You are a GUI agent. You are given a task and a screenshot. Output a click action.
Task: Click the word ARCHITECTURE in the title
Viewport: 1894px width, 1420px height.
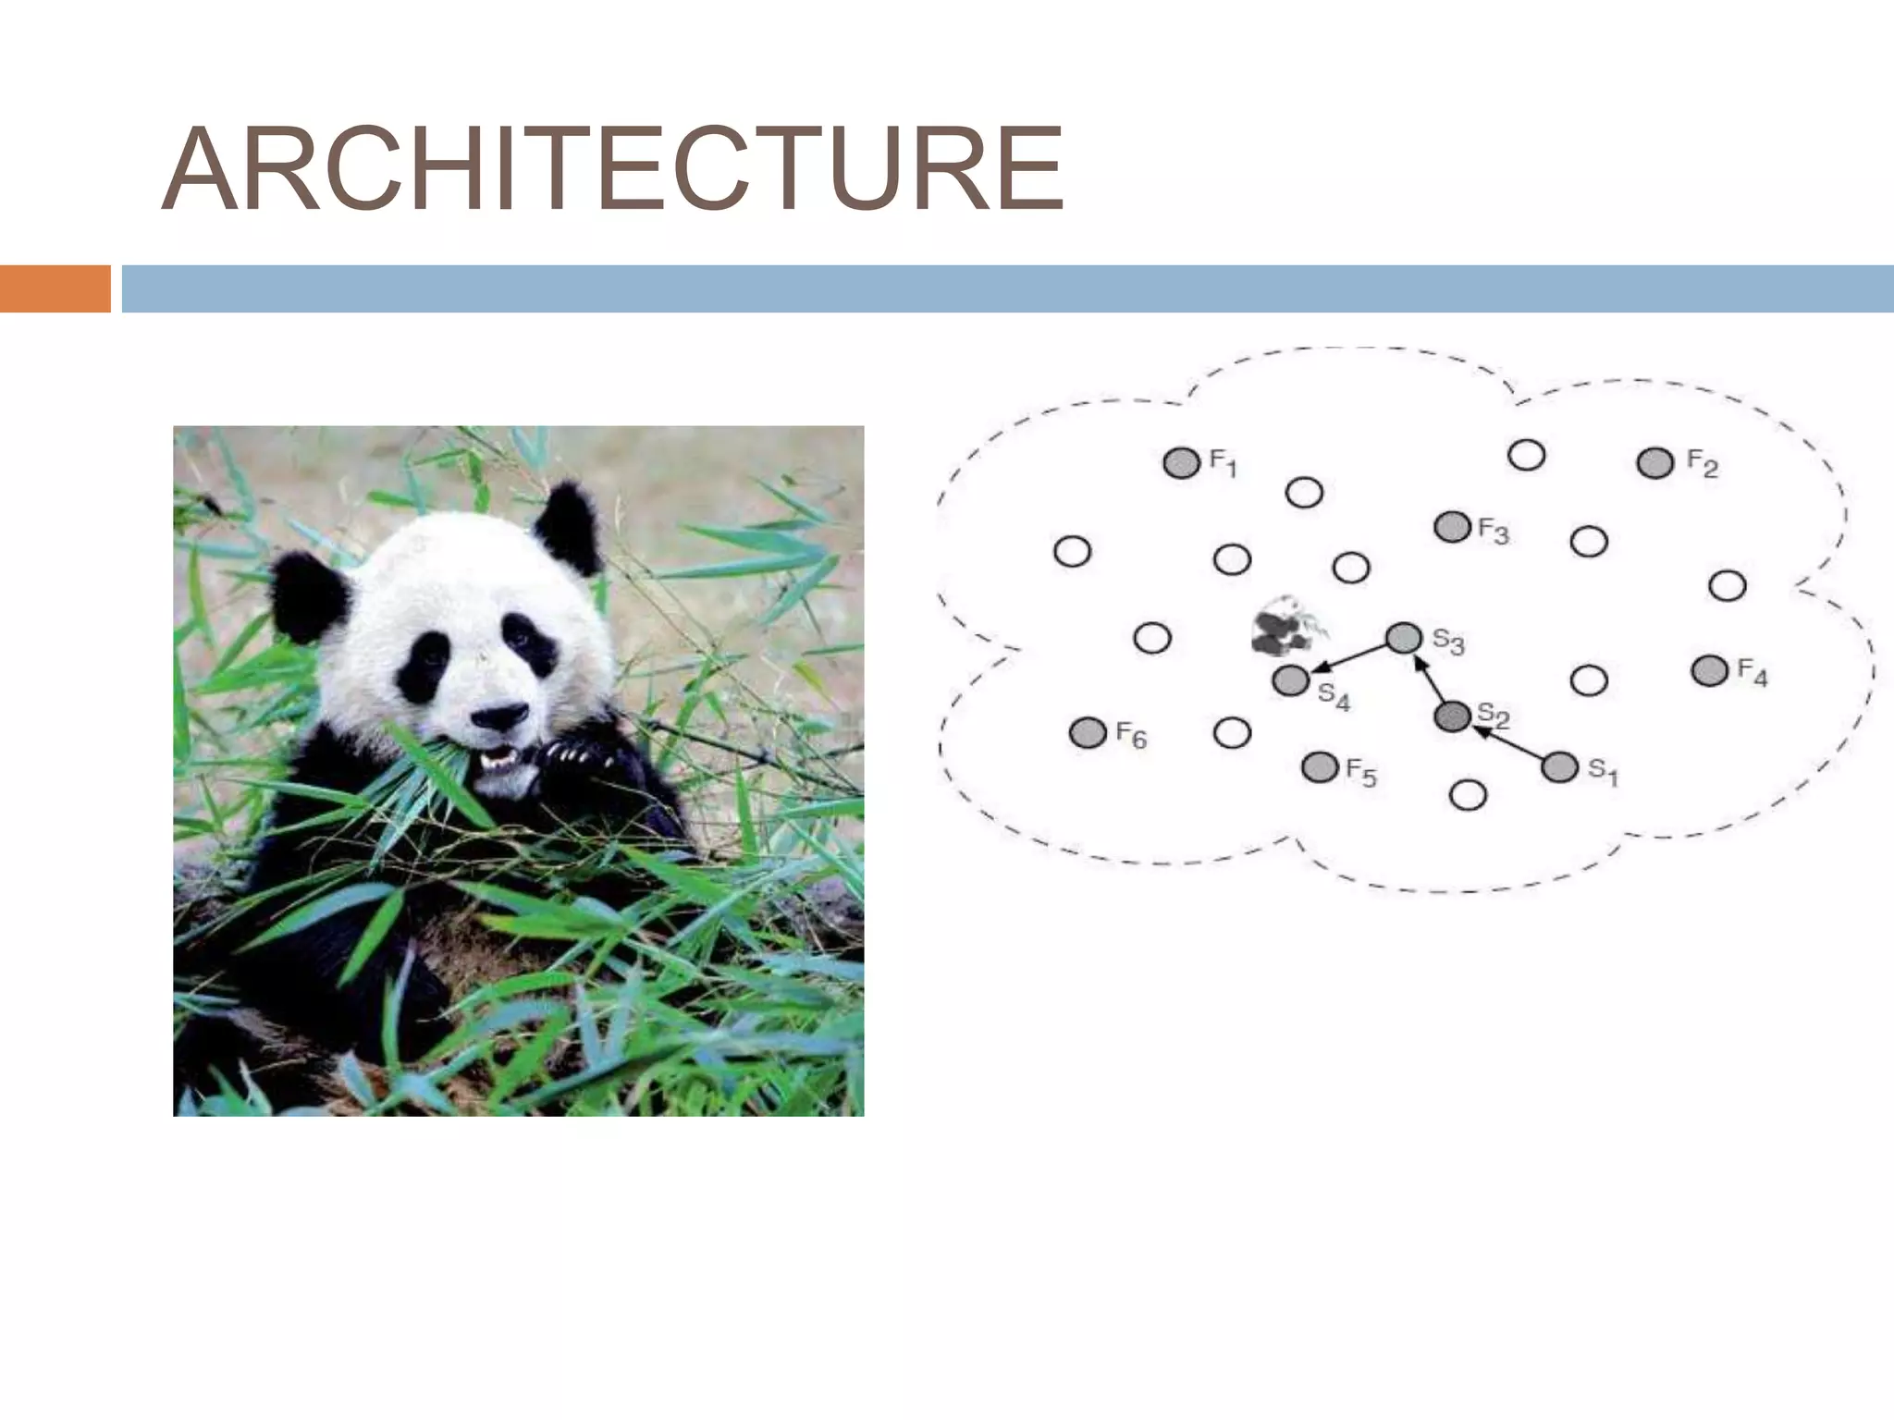(613, 170)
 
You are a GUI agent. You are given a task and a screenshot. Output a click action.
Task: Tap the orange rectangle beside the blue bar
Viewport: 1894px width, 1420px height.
(55, 288)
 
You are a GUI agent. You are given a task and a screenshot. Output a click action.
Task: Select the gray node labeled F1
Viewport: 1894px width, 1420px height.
(1181, 462)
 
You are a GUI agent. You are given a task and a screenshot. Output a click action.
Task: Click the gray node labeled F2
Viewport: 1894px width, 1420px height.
(1655, 462)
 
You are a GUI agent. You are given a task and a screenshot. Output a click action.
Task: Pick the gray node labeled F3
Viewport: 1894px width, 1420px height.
(1452, 527)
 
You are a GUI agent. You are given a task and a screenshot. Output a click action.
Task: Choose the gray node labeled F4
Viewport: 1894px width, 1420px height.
(1710, 670)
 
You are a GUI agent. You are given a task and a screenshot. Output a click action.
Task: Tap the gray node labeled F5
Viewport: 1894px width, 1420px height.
(1320, 766)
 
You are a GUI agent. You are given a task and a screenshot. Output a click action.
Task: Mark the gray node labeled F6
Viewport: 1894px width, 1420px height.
(1088, 733)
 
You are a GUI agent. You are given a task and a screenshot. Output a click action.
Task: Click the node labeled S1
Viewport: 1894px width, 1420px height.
(1560, 767)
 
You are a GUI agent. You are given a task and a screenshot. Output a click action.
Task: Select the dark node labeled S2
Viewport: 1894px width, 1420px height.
(1452, 716)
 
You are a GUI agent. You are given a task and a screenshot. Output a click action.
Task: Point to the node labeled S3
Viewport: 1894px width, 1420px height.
(1404, 637)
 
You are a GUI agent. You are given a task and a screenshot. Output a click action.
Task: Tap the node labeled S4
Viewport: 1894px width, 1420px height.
(1291, 681)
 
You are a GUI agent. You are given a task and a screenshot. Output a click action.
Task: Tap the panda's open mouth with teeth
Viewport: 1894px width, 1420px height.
(497, 760)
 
